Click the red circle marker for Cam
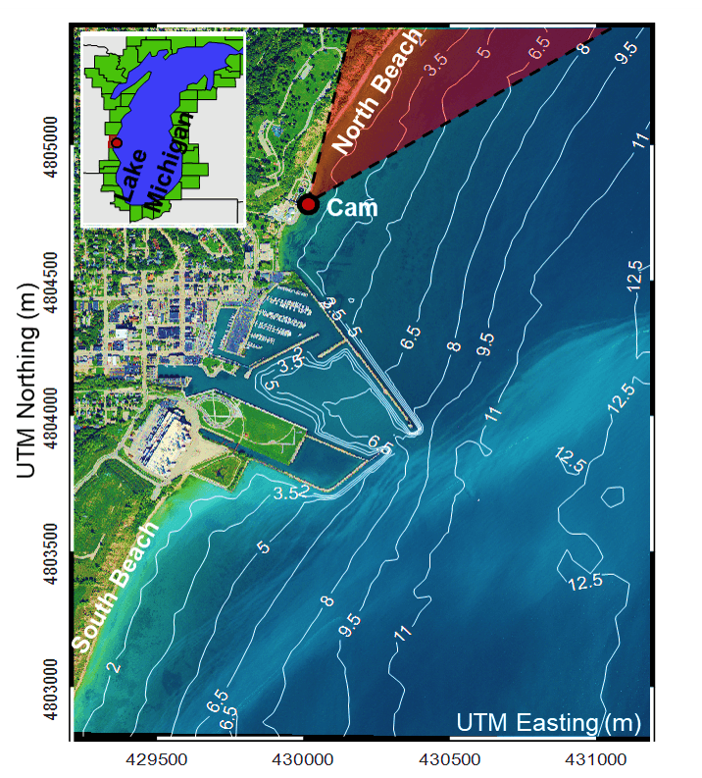pyautogui.click(x=308, y=204)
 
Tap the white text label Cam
pyautogui.click(x=351, y=207)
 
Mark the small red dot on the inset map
pyautogui.click(x=117, y=142)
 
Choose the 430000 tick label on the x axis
pyautogui.click(x=304, y=758)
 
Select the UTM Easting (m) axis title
pyautogui.click(x=548, y=723)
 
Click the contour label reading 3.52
pyautogui.click(x=291, y=492)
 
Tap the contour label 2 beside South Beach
pyautogui.click(x=114, y=667)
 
